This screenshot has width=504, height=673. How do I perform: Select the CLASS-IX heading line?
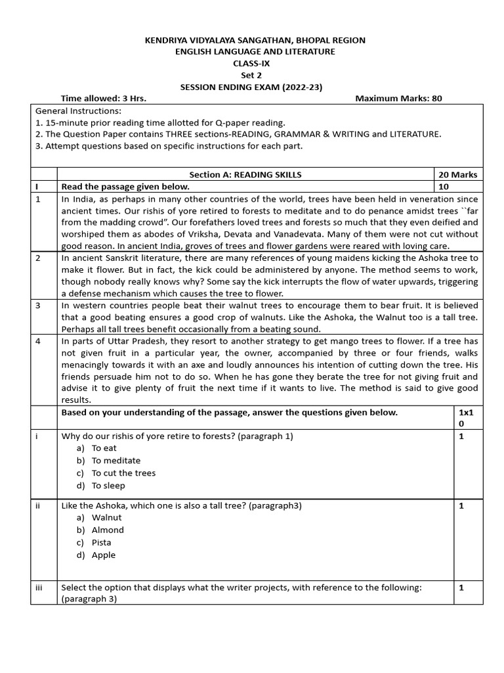click(x=251, y=64)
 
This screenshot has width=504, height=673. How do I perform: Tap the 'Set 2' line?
click(x=251, y=75)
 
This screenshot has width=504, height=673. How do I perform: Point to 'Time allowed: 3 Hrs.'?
click(x=103, y=99)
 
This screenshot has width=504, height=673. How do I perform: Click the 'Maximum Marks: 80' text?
click(x=398, y=99)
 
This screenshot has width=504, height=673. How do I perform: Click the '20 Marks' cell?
click(x=458, y=174)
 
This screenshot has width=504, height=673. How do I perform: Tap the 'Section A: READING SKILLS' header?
click(x=245, y=174)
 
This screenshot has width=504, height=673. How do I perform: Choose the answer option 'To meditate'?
click(x=115, y=461)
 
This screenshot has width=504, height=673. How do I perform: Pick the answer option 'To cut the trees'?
click(x=123, y=473)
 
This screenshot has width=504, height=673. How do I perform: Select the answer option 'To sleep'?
click(x=108, y=486)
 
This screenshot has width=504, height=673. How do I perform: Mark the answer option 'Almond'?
click(x=108, y=530)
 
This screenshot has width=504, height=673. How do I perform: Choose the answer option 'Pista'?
click(x=102, y=542)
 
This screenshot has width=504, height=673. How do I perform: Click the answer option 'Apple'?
click(x=104, y=555)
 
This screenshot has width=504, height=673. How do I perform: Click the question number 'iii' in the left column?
click(x=39, y=588)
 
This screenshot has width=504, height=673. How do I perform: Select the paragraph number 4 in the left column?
click(x=37, y=341)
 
